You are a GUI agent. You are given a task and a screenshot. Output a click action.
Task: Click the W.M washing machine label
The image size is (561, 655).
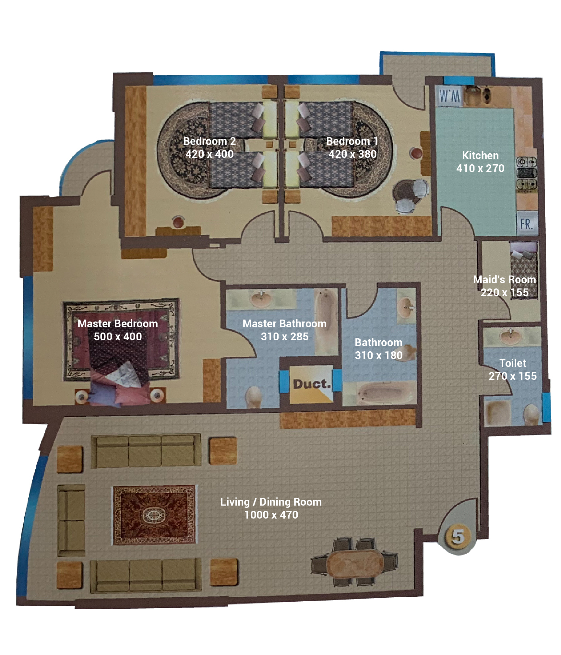pyautogui.click(x=449, y=96)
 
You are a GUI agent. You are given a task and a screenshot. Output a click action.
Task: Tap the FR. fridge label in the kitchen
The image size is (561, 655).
pyautogui.click(x=527, y=223)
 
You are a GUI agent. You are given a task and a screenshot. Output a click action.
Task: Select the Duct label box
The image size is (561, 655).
pyautogui.click(x=311, y=384)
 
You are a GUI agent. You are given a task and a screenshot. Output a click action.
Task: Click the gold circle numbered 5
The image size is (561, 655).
pyautogui.click(x=458, y=536)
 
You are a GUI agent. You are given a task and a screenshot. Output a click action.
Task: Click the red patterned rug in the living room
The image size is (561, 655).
pyautogui.click(x=154, y=515)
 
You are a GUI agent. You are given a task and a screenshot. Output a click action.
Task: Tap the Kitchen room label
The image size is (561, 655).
pyautogui.click(x=480, y=156)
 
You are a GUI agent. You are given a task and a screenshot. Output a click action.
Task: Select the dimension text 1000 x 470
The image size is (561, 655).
pyautogui.click(x=271, y=515)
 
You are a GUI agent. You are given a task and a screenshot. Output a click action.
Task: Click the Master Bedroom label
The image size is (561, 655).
pyautogui.click(x=118, y=323)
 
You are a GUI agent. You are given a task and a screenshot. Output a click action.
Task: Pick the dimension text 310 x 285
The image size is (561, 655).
pyautogui.click(x=285, y=336)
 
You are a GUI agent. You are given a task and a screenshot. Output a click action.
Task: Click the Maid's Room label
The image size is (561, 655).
pyautogui.click(x=505, y=279)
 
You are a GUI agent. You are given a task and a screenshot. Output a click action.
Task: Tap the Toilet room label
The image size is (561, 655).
pyautogui.click(x=513, y=363)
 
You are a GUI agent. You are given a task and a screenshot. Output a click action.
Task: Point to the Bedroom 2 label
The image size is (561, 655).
pyautogui.click(x=209, y=141)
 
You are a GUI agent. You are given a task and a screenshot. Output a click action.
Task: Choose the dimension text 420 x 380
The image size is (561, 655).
pyautogui.click(x=352, y=154)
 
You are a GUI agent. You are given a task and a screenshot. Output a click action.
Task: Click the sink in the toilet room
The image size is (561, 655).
pyautogui.click(x=510, y=336)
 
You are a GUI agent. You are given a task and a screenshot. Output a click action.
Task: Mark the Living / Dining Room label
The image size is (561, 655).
pyautogui.click(x=271, y=502)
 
